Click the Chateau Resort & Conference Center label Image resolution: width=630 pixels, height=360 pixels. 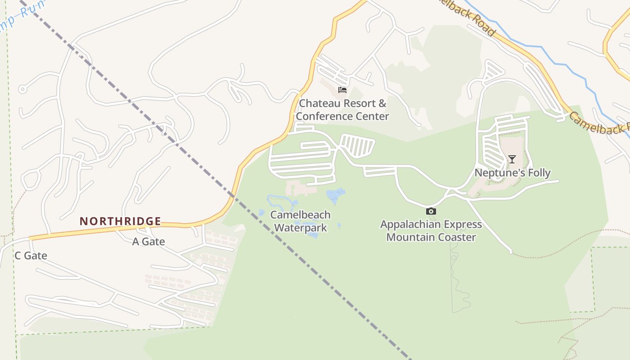pyautogui.click(x=342, y=110)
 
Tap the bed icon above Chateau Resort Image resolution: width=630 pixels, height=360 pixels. pyautogui.click(x=342, y=90)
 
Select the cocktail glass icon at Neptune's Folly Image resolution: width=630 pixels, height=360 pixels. pyautogui.click(x=512, y=159)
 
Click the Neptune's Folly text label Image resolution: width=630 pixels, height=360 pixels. pyautogui.click(x=513, y=173)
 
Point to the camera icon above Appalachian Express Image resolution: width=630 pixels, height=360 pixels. pyautogui.click(x=431, y=211)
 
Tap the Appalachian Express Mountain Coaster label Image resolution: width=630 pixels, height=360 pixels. pyautogui.click(x=431, y=231)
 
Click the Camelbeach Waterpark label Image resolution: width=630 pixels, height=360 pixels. pyautogui.click(x=300, y=221)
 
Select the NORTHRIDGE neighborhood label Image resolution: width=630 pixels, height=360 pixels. pyautogui.click(x=120, y=221)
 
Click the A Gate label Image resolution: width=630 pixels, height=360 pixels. pyautogui.click(x=148, y=242)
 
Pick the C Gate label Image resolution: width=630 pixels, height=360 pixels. pyautogui.click(x=31, y=256)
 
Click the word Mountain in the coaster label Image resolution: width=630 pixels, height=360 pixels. pyautogui.click(x=411, y=237)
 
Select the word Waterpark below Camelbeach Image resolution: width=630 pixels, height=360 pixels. pyautogui.click(x=300, y=228)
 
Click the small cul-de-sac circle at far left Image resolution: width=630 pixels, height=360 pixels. pyautogui.click(x=22, y=89)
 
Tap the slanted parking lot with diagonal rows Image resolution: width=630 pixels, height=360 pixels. pyautogui.click(x=358, y=145)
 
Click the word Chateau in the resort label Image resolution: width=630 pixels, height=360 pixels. pyautogui.click(x=318, y=103)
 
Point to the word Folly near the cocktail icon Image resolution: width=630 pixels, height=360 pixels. pyautogui.click(x=536, y=173)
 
